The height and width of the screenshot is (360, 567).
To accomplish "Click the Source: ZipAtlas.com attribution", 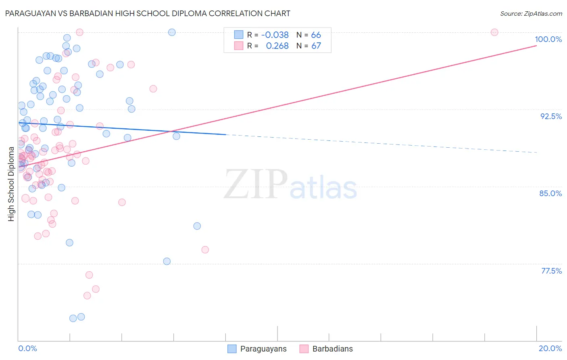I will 531,14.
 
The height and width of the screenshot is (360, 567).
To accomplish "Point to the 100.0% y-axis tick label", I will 548,39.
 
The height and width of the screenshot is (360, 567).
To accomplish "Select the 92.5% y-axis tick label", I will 551,116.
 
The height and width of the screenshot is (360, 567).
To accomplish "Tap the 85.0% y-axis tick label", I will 550,193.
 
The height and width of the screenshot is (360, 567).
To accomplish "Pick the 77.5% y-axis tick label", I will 551,271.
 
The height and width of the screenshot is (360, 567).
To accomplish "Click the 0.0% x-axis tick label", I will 27,348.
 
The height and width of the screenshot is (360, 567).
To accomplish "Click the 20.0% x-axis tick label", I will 550,348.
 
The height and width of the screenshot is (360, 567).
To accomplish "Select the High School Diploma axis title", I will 11,184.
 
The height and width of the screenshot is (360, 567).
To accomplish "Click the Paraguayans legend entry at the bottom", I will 257,349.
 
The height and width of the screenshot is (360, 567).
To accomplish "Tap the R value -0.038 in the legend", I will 275,35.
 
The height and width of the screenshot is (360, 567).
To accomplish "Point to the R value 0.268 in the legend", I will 277,46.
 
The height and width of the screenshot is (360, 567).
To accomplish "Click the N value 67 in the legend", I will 316,46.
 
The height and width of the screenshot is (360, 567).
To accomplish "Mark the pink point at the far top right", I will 494,32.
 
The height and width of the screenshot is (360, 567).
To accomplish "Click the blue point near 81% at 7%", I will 197,226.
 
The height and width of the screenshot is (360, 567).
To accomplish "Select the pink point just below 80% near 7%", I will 205,250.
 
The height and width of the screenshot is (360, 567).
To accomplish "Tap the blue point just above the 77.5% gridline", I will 167,262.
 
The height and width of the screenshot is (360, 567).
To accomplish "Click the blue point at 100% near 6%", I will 172,32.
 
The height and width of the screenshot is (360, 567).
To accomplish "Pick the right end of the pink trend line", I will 536,46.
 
